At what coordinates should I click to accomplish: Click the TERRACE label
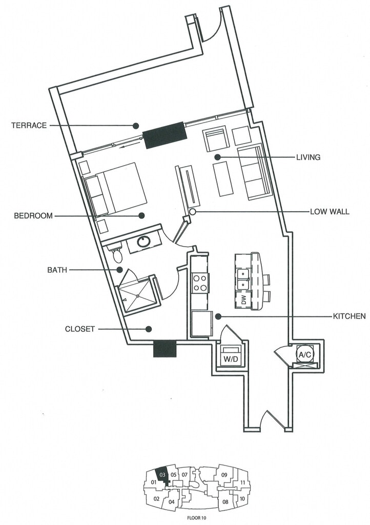coord(29,126)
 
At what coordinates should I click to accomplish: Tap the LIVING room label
coord(308,157)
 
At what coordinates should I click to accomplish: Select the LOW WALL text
coord(330,212)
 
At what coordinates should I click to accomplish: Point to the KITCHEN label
coord(349,316)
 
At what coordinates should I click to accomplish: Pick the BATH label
coord(57,270)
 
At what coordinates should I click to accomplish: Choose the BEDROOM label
coord(33,216)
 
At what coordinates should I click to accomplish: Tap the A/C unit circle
coord(304,355)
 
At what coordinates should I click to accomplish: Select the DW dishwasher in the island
coord(243,300)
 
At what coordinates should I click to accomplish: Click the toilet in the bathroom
coord(117,254)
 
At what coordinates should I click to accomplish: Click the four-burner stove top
coord(200,283)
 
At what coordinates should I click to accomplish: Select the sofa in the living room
coord(254,172)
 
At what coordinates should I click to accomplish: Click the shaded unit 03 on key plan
coord(162,476)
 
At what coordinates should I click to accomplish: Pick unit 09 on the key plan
coord(224,474)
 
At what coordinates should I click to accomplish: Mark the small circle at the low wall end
coord(192,212)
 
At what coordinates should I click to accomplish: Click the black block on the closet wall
coord(165,349)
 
